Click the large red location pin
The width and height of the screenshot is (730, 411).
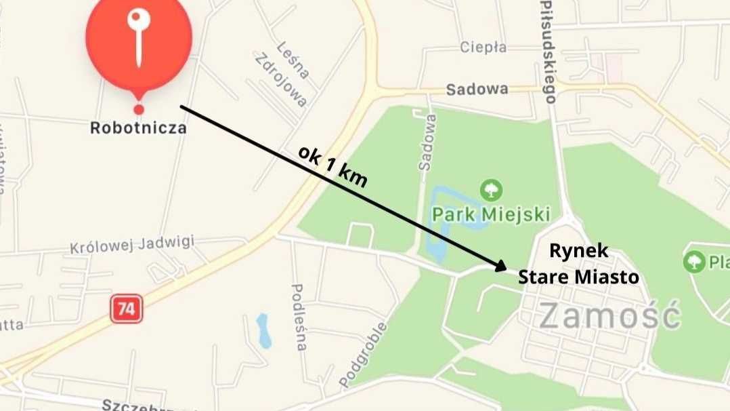pyautogui.click(x=139, y=41)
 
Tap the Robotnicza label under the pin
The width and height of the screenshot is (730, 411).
pyautogui.click(x=138, y=128)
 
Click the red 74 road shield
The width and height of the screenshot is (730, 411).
pyautogui.click(x=126, y=309)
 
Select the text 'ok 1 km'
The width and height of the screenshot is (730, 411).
pyautogui.click(x=332, y=166)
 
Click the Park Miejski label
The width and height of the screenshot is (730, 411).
pyautogui.click(x=490, y=214)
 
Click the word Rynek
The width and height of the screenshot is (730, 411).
pyautogui.click(x=578, y=252)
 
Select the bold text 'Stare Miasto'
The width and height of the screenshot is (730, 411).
pyautogui.click(x=578, y=277)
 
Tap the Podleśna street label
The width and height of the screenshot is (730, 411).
pyautogui.click(x=299, y=317)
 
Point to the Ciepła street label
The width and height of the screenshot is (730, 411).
pyautogui.click(x=483, y=47)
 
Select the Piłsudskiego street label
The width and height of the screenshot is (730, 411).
pyautogui.click(x=548, y=51)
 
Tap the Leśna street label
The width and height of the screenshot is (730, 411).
pyautogui.click(x=293, y=59)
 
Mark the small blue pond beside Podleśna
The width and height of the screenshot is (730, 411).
pyautogui.click(x=263, y=330)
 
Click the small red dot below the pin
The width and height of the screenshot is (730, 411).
pyautogui.click(x=139, y=109)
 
